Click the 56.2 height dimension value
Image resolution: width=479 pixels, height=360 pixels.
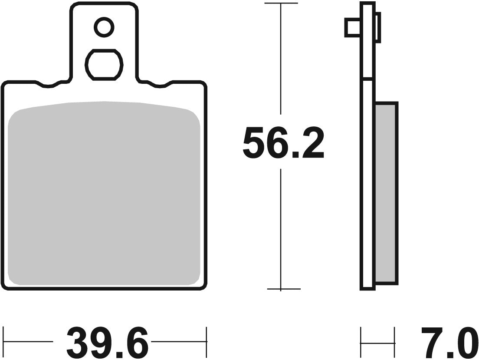283,143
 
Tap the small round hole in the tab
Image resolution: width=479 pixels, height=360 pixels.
104,28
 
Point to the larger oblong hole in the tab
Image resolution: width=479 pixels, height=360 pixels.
104,64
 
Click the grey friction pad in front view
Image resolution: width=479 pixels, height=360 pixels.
104,193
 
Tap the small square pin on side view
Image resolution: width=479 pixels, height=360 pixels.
352,28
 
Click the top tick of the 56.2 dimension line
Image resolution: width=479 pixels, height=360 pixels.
281,3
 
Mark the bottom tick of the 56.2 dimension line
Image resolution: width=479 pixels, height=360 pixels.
281,289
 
